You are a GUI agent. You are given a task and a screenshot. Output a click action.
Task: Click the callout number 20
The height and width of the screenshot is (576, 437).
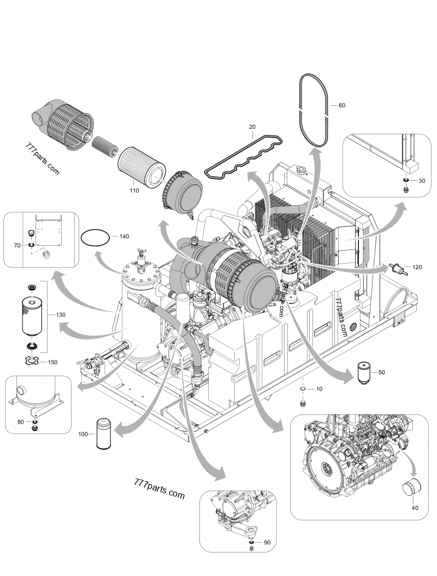(252, 127)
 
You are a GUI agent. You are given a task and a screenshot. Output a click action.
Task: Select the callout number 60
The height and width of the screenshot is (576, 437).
(342, 104)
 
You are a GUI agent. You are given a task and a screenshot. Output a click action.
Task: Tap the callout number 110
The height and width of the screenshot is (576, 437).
(134, 191)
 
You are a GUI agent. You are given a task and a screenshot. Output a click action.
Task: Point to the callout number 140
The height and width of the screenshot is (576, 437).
(124, 236)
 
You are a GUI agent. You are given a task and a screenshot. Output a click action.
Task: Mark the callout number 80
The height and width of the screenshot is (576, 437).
(20, 421)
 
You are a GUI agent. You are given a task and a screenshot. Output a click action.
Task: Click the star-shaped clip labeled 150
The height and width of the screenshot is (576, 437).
(33, 360)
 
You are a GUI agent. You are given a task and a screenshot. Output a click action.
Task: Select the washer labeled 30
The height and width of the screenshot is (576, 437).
(406, 181)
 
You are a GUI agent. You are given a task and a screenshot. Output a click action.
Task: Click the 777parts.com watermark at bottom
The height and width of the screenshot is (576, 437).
(159, 488)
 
